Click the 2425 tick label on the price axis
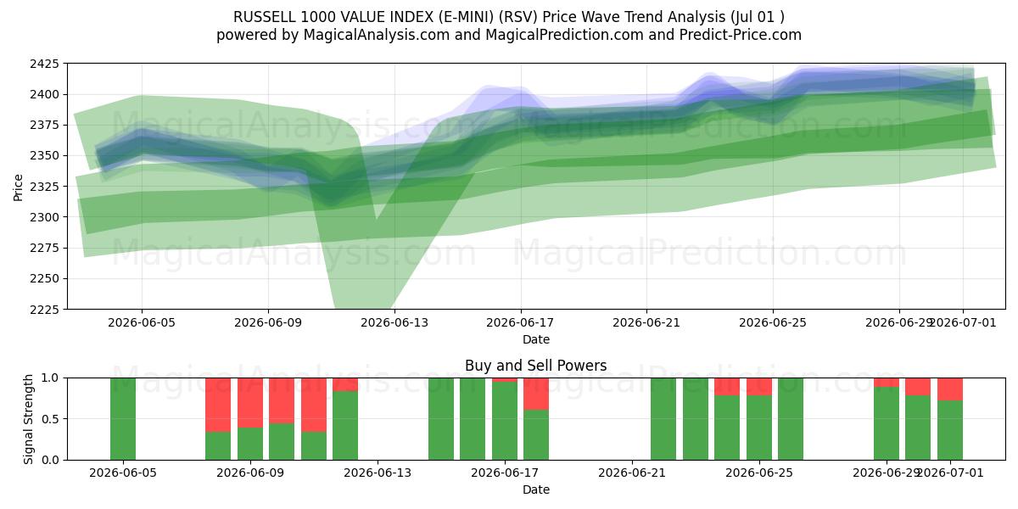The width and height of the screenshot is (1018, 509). pyautogui.click(x=44, y=64)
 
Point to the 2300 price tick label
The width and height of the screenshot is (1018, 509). pyautogui.click(x=44, y=217)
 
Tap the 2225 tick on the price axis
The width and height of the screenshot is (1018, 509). pyautogui.click(x=44, y=310)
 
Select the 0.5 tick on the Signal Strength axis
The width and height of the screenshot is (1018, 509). pyautogui.click(x=50, y=419)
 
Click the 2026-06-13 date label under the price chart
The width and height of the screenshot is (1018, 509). pyautogui.click(x=394, y=322)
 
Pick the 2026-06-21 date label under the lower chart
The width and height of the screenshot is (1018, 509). pyautogui.click(x=632, y=473)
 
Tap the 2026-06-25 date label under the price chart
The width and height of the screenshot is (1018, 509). pyautogui.click(x=773, y=322)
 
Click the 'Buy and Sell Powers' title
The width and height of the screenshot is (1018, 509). pyautogui.click(x=536, y=366)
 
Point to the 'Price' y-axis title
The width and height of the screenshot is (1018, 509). pyautogui.click(x=18, y=187)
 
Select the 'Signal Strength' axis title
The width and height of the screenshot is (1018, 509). pyautogui.click(x=28, y=419)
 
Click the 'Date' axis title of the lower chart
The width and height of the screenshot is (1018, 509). pyautogui.click(x=536, y=489)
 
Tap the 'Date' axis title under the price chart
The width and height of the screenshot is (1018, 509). pyautogui.click(x=536, y=339)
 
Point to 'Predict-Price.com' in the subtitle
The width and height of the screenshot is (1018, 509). pyautogui.click(x=741, y=35)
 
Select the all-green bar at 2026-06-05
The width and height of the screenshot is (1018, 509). pyautogui.click(x=123, y=419)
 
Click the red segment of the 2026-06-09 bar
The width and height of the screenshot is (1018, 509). pyautogui.click(x=250, y=403)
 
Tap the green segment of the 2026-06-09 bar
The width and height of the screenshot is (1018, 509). pyautogui.click(x=250, y=444)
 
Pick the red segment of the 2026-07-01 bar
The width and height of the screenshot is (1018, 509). pyautogui.click(x=950, y=389)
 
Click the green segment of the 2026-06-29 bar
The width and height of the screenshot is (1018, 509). pyautogui.click(x=887, y=423)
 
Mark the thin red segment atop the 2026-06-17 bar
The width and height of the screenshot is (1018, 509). pyautogui.click(x=505, y=380)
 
